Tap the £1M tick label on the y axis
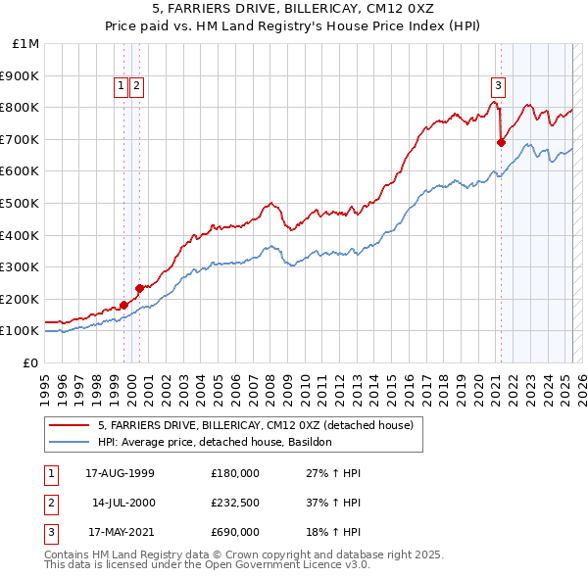tap(25, 44)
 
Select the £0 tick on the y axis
tap(30, 362)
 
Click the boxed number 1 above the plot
tap(122, 86)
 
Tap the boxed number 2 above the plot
tap(136, 86)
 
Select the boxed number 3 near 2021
tap(498, 85)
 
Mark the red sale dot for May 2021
tap(501, 142)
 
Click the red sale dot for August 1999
tap(124, 305)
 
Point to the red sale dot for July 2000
tap(140, 288)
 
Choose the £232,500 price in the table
tap(235, 503)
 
